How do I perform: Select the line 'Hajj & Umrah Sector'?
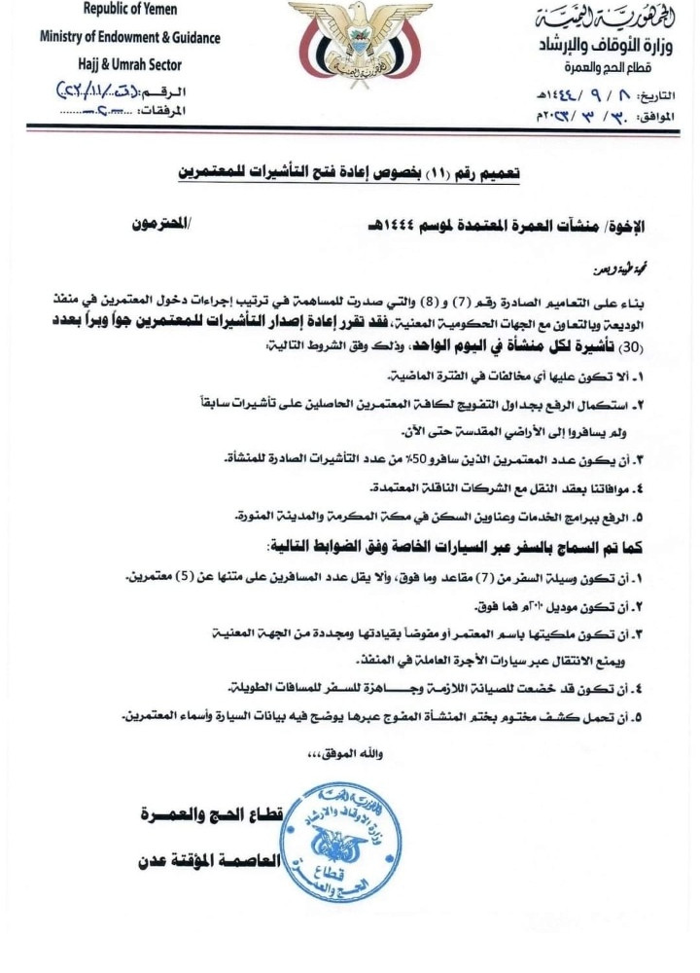pos(129,64)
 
